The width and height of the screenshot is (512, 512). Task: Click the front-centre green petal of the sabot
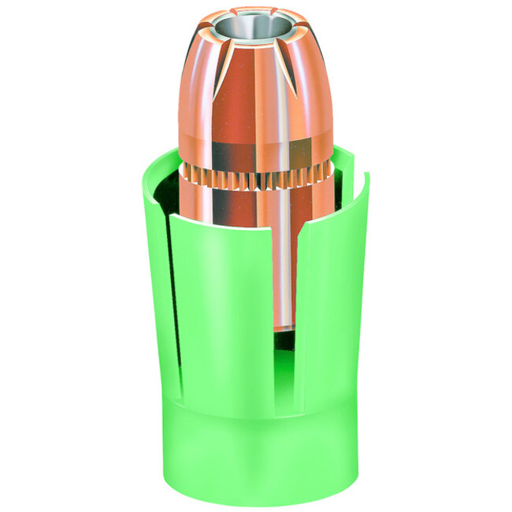click(x=236, y=315)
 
